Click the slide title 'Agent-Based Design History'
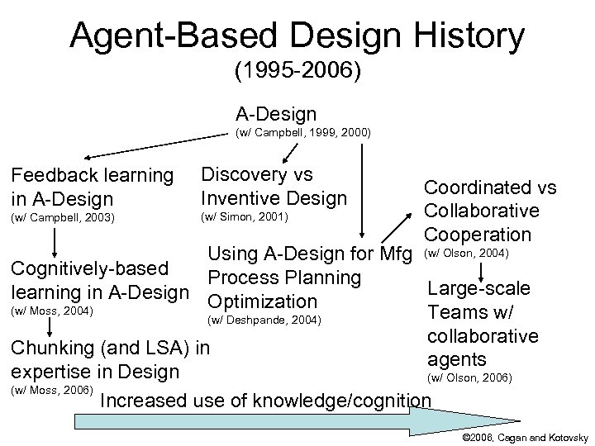pyautogui.click(x=297, y=36)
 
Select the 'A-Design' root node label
pyautogui.click(x=275, y=112)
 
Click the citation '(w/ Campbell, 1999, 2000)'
pyautogui.click(x=303, y=132)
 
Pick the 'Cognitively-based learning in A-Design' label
pyautogui.click(x=98, y=280)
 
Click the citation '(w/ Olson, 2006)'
pyautogui.click(x=469, y=378)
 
